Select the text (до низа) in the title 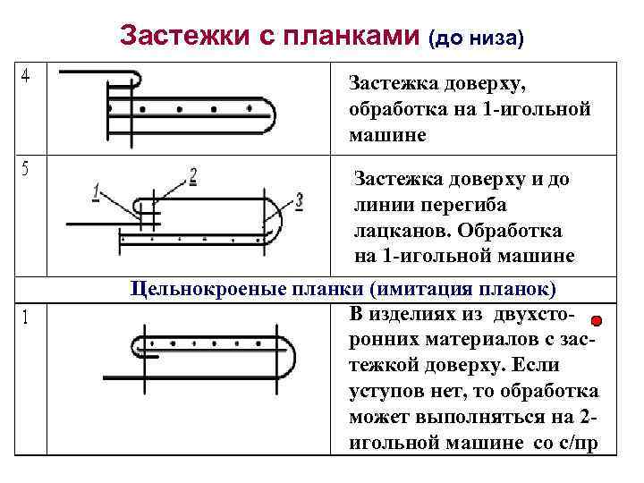tap(475, 38)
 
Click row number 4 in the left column tap(26, 77)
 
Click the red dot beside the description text tap(596, 321)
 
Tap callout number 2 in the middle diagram tap(193, 174)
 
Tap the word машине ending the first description tap(383, 137)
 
